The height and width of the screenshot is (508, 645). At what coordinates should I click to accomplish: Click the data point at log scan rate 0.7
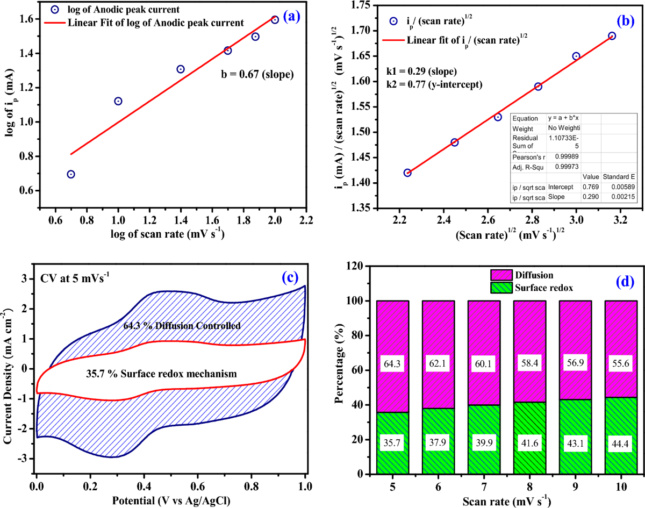[x=71, y=174]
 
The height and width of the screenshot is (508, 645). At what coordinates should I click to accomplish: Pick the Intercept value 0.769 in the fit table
[x=590, y=187]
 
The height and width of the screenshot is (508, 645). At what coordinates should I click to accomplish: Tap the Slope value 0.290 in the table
[x=590, y=198]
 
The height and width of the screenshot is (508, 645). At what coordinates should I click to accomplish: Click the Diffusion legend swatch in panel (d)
[x=500, y=275]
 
